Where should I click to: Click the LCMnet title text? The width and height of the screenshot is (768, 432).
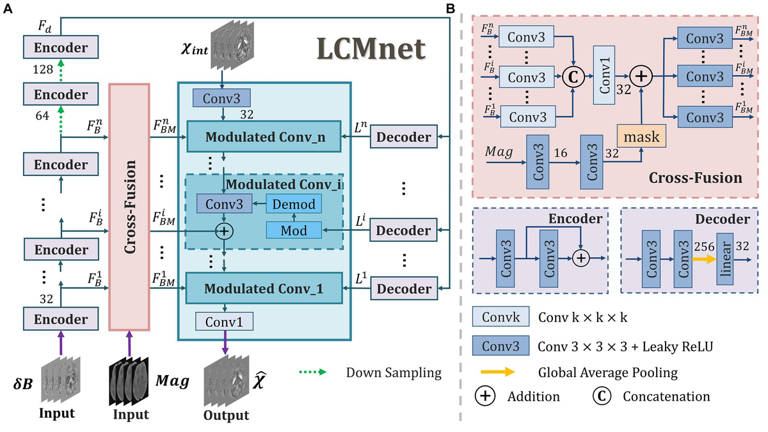(372, 49)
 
